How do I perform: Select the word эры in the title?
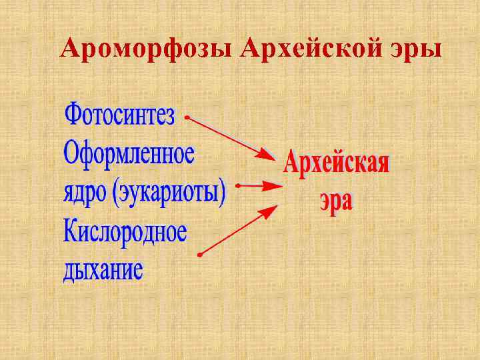pyautogui.click(x=417, y=51)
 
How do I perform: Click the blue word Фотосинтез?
pyautogui.click(x=119, y=116)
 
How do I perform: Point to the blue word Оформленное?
pyautogui.click(x=129, y=154)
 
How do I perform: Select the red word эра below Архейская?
pyautogui.click(x=335, y=200)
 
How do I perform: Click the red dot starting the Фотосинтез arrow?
pyautogui.click(x=187, y=117)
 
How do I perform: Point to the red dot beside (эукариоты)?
pyautogui.click(x=238, y=186)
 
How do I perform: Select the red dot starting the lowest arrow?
pyautogui.click(x=199, y=255)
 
